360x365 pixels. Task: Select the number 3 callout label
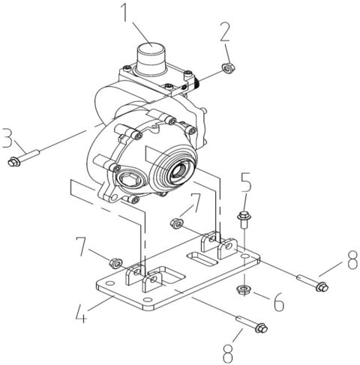(7, 139)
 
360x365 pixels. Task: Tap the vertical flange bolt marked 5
(244, 219)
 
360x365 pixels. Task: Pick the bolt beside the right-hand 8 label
(310, 283)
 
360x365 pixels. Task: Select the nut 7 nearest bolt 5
(177, 222)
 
